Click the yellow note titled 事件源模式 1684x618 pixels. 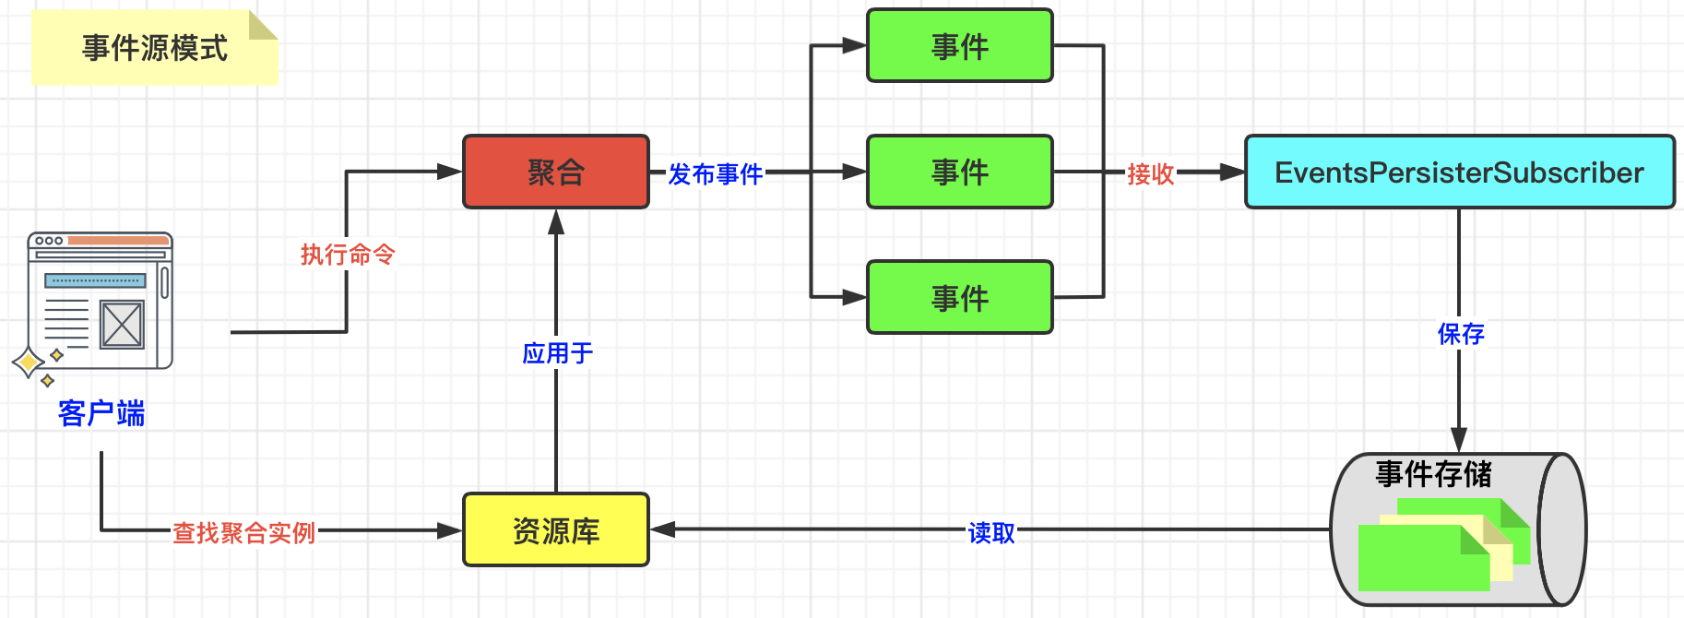point(155,47)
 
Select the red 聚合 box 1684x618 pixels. point(556,172)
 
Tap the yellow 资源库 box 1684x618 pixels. point(556,529)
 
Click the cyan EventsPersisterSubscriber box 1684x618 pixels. point(1460,172)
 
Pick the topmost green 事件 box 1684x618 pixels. point(960,45)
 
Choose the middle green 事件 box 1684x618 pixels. point(960,172)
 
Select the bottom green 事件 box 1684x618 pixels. point(960,297)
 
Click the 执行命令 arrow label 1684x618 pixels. point(348,255)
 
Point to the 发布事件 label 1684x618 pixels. point(715,173)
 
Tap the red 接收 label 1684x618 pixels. point(1151,173)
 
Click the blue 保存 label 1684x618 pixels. point(1461,334)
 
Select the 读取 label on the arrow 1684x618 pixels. point(991,533)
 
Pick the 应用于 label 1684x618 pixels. point(557,353)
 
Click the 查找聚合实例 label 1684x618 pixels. point(244,533)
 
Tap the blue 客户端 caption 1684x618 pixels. point(101,413)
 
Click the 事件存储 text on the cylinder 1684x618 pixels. point(1433,474)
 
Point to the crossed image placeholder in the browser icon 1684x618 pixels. point(122,325)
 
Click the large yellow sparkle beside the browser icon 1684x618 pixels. point(29,362)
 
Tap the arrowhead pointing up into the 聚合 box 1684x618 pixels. point(556,221)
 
